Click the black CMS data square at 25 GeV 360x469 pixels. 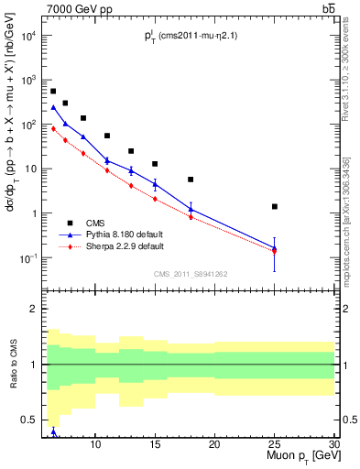pyautogui.click(x=274, y=206)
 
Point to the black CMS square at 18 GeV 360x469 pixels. pyautogui.click(x=191, y=180)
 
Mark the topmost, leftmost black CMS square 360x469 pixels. pyautogui.click(x=53, y=92)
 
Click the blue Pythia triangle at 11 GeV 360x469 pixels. pyautogui.click(x=107, y=160)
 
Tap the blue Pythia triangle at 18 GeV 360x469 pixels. pyautogui.click(x=191, y=208)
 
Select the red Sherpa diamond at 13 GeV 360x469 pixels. pyautogui.click(x=131, y=185)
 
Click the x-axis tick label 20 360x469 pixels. pyautogui.click(x=214, y=444)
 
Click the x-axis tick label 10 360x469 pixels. pyautogui.click(x=95, y=444)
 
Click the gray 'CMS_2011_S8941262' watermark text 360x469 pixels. pyautogui.click(x=191, y=274)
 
